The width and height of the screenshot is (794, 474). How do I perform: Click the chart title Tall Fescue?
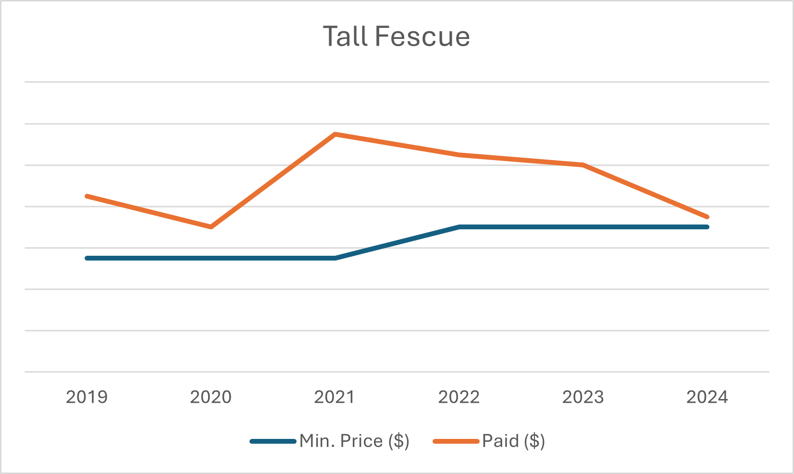[396, 37]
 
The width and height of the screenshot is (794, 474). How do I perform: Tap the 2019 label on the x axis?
[87, 397]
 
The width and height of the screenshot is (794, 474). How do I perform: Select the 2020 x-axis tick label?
[211, 397]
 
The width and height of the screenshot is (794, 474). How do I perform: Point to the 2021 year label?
[335, 397]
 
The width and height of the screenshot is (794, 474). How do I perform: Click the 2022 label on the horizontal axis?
[459, 397]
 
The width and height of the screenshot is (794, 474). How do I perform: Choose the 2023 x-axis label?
[583, 397]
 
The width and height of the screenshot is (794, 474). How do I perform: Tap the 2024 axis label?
[707, 397]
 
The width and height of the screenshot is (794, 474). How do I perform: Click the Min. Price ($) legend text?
[354, 441]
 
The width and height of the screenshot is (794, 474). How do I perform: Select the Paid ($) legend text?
[513, 441]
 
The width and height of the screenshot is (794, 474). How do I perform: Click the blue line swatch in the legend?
[273, 441]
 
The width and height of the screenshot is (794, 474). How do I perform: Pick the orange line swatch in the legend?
[456, 441]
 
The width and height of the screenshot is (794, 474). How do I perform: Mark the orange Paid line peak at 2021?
[335, 134]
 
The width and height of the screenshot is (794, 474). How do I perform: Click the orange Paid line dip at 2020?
[211, 227]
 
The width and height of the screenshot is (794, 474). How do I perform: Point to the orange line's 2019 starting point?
[87, 196]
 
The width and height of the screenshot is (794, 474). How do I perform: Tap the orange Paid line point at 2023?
[583, 165]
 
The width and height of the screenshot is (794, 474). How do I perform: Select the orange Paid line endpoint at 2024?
[707, 217]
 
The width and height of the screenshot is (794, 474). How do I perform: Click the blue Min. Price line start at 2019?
[87, 258]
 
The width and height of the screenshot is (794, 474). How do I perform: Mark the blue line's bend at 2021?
[335, 258]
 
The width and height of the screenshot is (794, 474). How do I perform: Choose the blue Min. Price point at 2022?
[459, 227]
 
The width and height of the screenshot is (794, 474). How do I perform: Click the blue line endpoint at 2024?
[707, 227]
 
